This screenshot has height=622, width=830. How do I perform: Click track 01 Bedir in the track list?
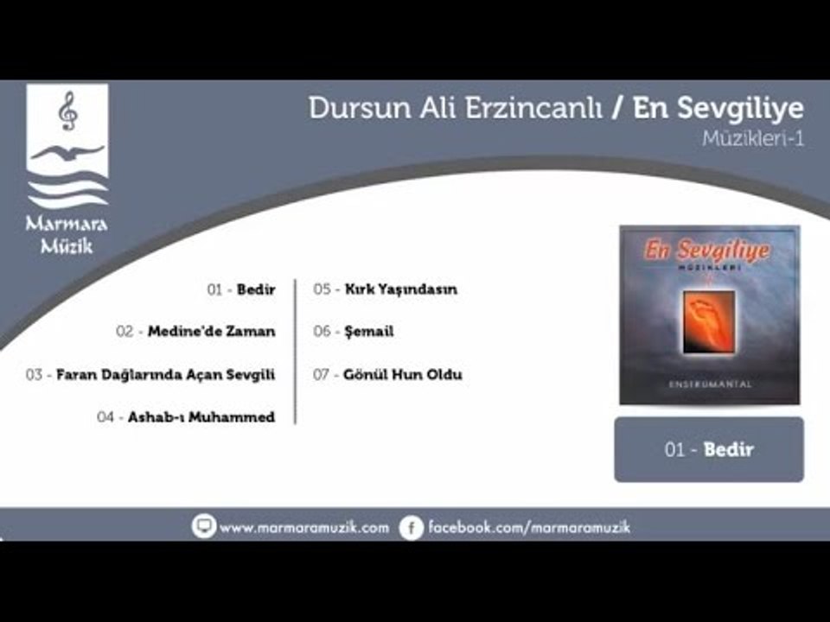tap(241, 290)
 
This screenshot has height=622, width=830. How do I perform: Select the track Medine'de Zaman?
tap(196, 332)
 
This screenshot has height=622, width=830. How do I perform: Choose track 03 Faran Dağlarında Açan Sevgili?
tap(150, 375)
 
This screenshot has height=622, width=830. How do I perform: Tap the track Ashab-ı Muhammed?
tap(186, 417)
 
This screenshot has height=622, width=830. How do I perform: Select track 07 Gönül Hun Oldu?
tap(387, 375)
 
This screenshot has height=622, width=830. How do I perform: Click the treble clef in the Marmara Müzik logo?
tap(67, 111)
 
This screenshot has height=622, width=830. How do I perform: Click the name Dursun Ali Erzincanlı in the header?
tap(456, 108)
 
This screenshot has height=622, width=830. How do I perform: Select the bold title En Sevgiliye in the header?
tap(718, 108)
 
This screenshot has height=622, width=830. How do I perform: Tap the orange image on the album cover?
tap(709, 321)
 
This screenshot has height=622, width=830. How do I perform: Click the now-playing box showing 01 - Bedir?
tap(709, 449)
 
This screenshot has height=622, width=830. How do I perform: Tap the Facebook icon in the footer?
tap(412, 527)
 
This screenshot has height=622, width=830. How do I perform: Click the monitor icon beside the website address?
tap(204, 526)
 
